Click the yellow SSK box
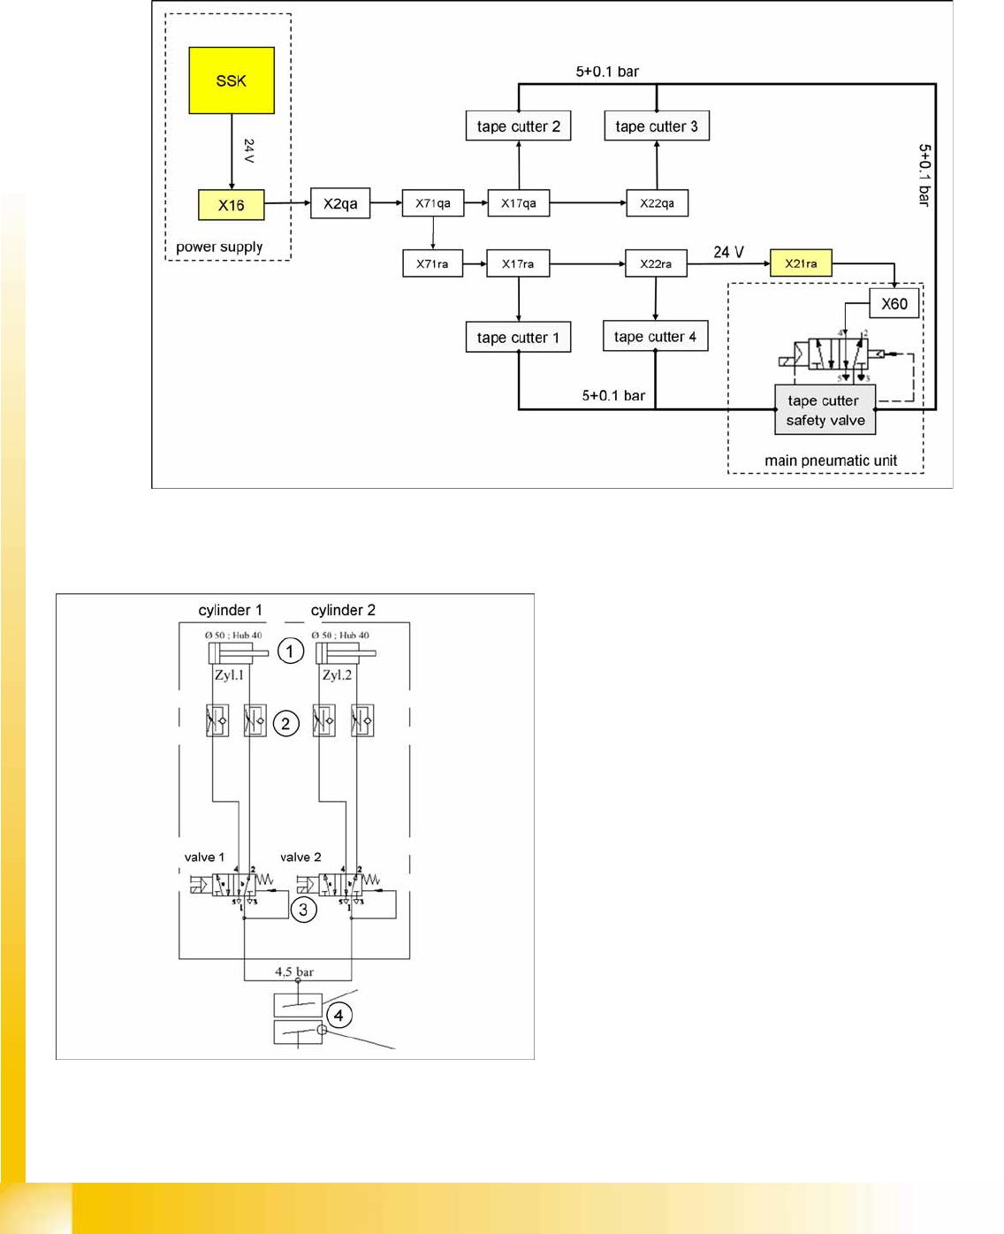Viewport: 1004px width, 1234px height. pos(232,80)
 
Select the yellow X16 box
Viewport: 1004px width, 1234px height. pos(231,205)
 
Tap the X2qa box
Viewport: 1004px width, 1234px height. pos(340,203)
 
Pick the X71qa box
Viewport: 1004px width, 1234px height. pos(433,203)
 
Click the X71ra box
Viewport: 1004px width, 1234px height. pos(432,263)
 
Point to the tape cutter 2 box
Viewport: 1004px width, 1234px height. pos(518,126)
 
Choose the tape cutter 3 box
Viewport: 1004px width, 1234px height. pos(657,126)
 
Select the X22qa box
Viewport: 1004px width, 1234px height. pos(657,203)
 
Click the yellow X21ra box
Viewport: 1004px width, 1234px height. pos(801,263)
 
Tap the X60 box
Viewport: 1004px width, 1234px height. pos(894,304)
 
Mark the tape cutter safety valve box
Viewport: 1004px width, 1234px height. pos(825,410)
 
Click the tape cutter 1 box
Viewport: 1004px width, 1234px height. pos(518,338)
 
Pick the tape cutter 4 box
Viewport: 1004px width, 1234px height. pos(655,337)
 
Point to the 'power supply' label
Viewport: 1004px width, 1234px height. pos(219,247)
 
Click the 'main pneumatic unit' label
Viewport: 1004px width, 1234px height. pos(831,461)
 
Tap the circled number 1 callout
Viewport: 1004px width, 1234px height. pos(291,651)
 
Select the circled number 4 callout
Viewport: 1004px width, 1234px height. pos(338,1016)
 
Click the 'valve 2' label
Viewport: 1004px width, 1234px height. pos(300,857)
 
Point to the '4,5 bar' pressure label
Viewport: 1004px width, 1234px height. pos(294,971)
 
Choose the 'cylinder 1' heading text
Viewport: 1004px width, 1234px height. pos(230,610)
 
